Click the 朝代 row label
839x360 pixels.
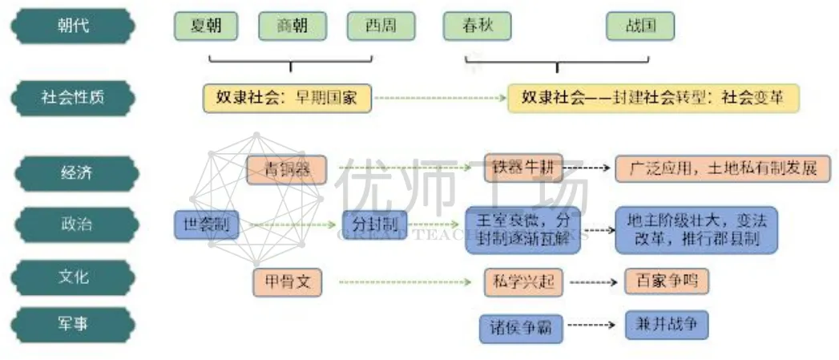click(73, 26)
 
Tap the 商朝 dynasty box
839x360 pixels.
click(291, 26)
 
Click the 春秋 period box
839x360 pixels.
click(478, 26)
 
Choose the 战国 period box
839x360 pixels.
click(640, 26)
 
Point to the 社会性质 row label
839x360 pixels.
click(73, 98)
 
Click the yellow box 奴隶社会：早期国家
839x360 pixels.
click(288, 98)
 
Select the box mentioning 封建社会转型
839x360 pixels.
click(652, 98)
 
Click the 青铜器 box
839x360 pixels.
click(285, 169)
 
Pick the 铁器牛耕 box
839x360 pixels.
click(523, 168)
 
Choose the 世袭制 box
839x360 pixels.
click(206, 224)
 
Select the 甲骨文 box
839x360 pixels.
click(287, 281)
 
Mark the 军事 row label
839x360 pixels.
click(73, 325)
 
